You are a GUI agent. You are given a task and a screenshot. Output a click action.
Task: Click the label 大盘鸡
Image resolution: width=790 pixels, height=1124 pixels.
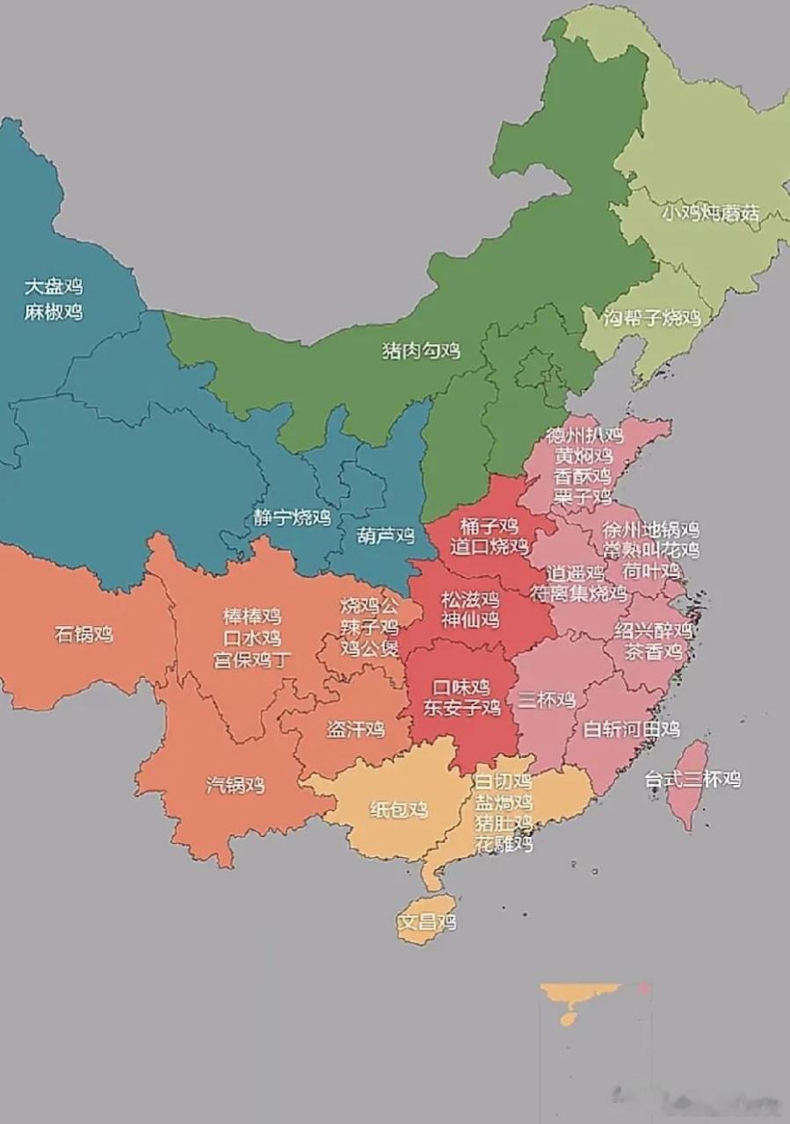54,286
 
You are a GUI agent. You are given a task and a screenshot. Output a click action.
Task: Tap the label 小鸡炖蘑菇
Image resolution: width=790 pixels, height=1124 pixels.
710,213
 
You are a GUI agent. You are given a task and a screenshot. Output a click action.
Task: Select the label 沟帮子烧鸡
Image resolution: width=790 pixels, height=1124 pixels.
652,318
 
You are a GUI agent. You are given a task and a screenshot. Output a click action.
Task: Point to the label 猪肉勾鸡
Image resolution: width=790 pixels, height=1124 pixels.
421,350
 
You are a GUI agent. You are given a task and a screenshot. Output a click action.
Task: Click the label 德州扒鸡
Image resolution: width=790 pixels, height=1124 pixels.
583,435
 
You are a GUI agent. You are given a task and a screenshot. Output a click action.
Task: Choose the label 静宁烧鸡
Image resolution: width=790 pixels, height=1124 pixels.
293,517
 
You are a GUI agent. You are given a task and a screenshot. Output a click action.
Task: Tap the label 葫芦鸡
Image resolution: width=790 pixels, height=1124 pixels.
386,535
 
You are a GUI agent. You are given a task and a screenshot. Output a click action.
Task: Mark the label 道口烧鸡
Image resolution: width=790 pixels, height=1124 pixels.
490,547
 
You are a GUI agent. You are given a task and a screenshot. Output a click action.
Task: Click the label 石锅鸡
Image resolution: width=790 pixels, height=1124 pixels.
84,634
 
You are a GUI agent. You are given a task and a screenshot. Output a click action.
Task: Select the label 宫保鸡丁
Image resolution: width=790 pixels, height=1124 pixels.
252,660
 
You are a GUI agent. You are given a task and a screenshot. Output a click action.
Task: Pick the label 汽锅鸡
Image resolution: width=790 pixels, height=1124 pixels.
236,785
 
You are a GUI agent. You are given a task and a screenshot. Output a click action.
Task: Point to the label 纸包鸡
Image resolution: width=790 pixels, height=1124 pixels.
399,810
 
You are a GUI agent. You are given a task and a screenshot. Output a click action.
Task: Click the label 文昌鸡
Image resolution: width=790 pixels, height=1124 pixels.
426,923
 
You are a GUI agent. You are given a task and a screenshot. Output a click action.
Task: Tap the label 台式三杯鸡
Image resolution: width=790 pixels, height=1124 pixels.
692,779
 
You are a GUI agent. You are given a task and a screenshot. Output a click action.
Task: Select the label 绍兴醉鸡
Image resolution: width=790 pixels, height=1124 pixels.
653,630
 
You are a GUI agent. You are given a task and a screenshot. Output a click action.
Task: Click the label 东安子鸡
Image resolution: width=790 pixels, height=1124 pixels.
461,707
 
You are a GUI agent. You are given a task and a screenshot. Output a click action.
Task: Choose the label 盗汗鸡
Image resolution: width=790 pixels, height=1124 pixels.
356,730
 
